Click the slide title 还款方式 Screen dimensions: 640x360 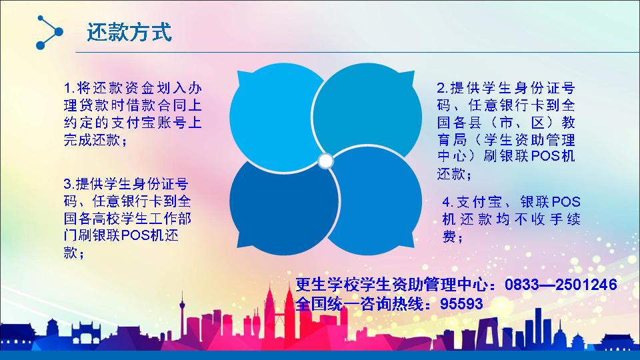point(129,32)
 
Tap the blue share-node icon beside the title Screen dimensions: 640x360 point(49,32)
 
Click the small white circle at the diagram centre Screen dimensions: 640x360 point(326,161)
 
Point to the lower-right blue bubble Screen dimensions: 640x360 point(374,201)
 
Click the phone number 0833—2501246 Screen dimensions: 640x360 point(561,285)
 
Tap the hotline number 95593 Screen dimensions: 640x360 point(461,304)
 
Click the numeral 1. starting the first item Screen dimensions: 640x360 point(69,88)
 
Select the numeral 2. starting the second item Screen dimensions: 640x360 point(443,88)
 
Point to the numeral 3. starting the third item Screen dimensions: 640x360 point(69,184)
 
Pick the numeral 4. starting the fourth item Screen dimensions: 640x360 point(448,202)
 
